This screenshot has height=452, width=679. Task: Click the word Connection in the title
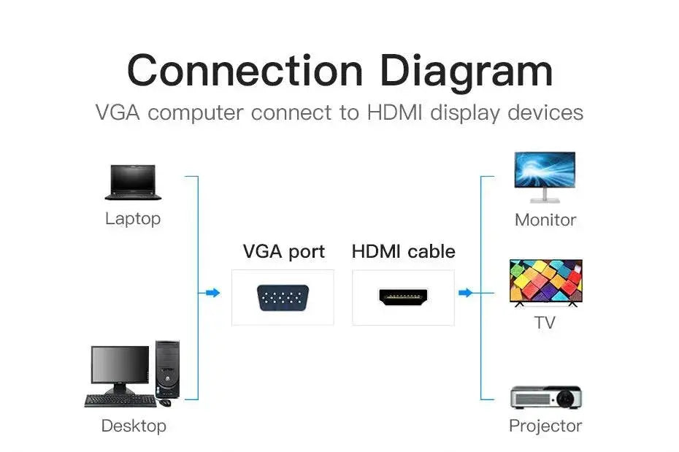tap(245, 71)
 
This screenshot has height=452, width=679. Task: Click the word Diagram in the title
tap(466, 71)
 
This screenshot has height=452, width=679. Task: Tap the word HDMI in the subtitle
tap(394, 113)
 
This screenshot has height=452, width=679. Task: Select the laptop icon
tap(132, 182)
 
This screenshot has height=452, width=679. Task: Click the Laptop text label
tap(132, 218)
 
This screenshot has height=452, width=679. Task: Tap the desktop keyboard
tap(120, 400)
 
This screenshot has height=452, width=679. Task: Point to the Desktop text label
tap(134, 426)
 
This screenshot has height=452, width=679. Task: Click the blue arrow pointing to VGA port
tap(212, 293)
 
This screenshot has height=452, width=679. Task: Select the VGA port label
tap(283, 252)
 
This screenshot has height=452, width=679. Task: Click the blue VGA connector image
tap(283, 297)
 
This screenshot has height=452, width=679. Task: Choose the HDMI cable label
tap(403, 252)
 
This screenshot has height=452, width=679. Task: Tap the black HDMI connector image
tap(403, 296)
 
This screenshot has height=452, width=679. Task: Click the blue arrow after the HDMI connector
tap(465, 293)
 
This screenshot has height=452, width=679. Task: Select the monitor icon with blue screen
tap(545, 176)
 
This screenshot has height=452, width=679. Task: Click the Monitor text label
tap(545, 220)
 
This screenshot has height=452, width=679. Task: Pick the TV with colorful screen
tap(545, 281)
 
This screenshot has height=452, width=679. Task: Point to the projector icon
tap(545, 397)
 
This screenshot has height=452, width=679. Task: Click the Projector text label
tap(545, 426)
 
